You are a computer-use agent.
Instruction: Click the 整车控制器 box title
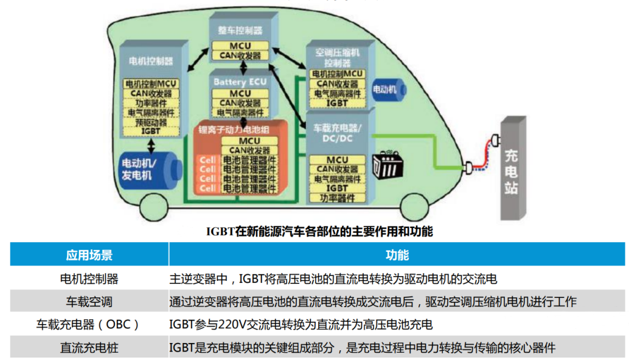click(240, 30)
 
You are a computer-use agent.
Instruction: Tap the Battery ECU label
click(240, 81)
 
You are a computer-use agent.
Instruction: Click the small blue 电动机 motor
click(387, 89)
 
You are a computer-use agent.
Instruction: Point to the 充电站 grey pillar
click(511, 170)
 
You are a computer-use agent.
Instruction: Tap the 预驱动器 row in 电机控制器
click(150, 122)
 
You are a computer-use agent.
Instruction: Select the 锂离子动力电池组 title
click(234, 130)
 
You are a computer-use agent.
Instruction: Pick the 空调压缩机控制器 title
click(337, 58)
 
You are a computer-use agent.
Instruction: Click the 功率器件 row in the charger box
click(337, 197)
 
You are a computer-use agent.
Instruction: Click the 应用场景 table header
click(89, 255)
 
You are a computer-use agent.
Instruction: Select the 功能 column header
click(397, 255)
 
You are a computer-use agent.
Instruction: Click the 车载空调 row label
click(89, 302)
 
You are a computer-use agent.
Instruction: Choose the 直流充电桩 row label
click(89, 348)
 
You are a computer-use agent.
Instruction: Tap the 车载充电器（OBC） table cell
click(89, 325)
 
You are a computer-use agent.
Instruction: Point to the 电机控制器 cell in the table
click(89, 279)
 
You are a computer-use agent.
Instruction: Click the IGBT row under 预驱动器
click(150, 131)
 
